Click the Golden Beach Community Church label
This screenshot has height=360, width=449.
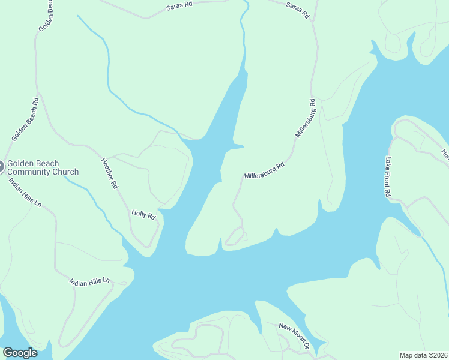(43, 167)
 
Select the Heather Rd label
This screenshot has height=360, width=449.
(109, 173)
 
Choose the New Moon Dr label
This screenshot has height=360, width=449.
(294, 335)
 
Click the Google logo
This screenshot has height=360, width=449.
(20, 353)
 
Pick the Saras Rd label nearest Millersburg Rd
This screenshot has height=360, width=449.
(297, 10)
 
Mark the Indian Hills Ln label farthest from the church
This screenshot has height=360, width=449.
(90, 281)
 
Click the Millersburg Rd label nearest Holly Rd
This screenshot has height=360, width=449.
(264, 170)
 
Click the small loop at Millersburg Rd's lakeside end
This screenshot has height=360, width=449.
(235, 237)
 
